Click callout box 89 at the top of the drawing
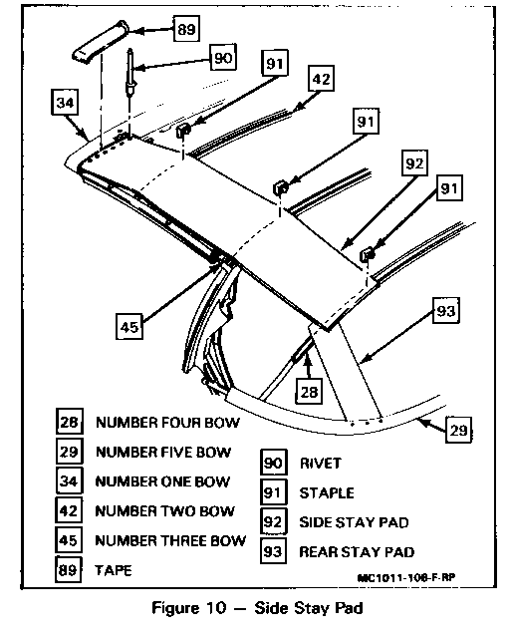pos(186,29)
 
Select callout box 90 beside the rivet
pos(223,58)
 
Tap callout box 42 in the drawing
pos(321,78)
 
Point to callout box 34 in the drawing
pos(66,102)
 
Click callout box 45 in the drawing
pos(129,326)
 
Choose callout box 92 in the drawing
pos(414,163)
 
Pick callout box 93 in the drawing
pos(445,311)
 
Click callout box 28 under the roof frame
pos(309,392)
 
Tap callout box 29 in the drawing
pos(459,430)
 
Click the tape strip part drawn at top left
pos(101,42)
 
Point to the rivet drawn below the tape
pos(130,72)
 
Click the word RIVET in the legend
pos(320,463)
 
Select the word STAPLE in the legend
pos(327,492)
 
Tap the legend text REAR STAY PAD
pos(357,552)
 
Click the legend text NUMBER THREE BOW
pos(170,540)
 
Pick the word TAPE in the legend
pos(114,570)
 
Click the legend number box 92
pos(273,521)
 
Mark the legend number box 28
pos(69,422)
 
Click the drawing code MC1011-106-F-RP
pos(406,577)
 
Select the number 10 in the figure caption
pos(215,608)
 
